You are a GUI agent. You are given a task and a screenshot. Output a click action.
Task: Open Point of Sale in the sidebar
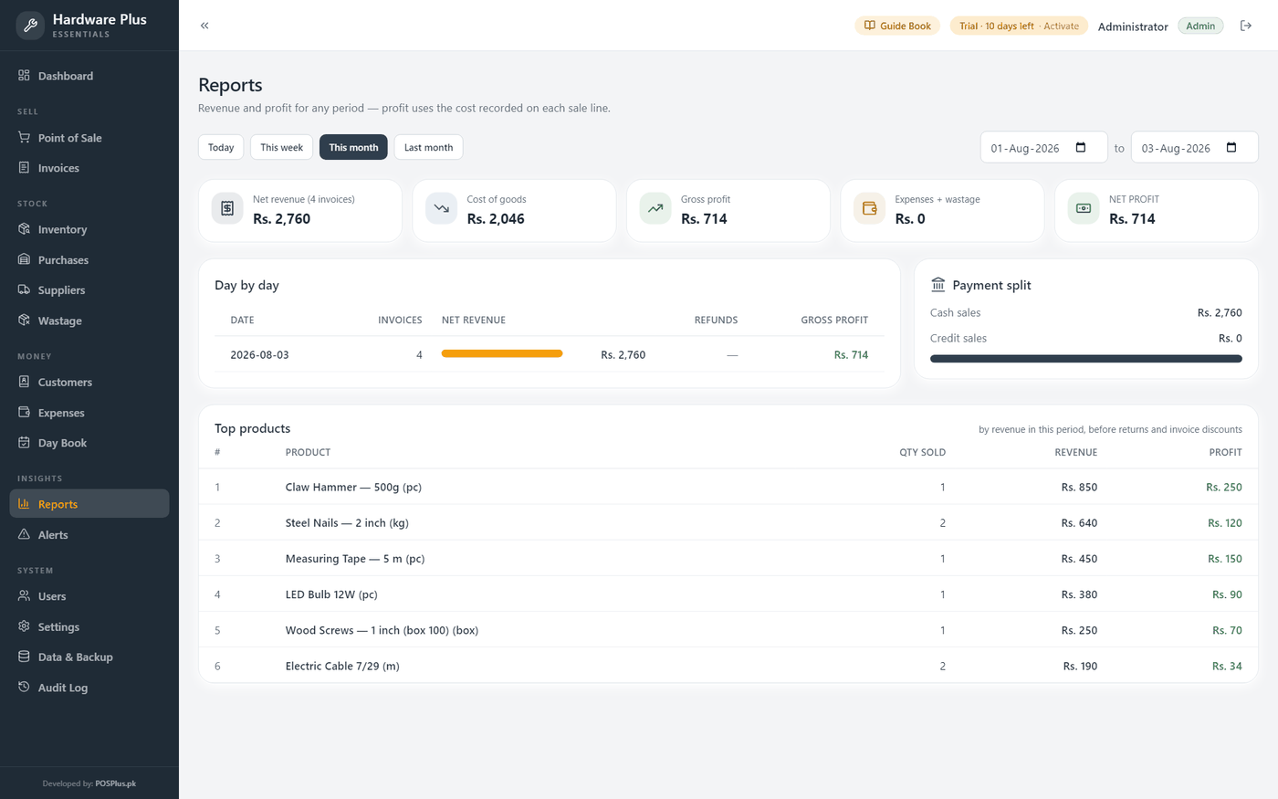[69, 138]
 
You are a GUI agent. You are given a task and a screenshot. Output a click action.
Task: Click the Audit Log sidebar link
[63, 688]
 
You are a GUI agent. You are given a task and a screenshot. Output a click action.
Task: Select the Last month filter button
[428, 147]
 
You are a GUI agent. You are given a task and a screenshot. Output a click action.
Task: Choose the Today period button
[221, 147]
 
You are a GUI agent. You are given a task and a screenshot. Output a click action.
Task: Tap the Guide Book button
[897, 26]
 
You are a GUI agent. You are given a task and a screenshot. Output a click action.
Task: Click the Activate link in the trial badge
[1061, 26]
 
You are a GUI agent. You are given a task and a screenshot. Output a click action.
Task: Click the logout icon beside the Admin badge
[1246, 26]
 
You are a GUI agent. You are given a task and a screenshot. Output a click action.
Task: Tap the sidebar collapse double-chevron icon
[204, 26]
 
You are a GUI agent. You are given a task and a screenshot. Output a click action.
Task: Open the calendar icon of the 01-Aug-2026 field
[1081, 148]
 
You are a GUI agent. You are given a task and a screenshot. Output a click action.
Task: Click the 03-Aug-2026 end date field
[1194, 148]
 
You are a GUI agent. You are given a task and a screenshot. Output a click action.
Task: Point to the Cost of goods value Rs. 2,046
[495, 218]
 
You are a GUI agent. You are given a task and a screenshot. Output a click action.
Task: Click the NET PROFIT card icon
[1084, 208]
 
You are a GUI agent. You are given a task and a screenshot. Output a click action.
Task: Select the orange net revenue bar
[502, 354]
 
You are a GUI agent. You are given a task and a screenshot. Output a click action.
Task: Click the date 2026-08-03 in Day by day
[259, 354]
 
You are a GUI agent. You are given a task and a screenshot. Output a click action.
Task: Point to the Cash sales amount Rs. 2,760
[1220, 312]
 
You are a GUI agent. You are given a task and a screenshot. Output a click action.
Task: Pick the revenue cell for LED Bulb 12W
[1079, 594]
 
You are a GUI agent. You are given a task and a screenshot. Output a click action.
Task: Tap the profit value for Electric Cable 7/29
[1227, 666]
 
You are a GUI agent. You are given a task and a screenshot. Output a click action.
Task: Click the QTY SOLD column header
[923, 452]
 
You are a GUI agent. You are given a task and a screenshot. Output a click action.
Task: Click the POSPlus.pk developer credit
[116, 783]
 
